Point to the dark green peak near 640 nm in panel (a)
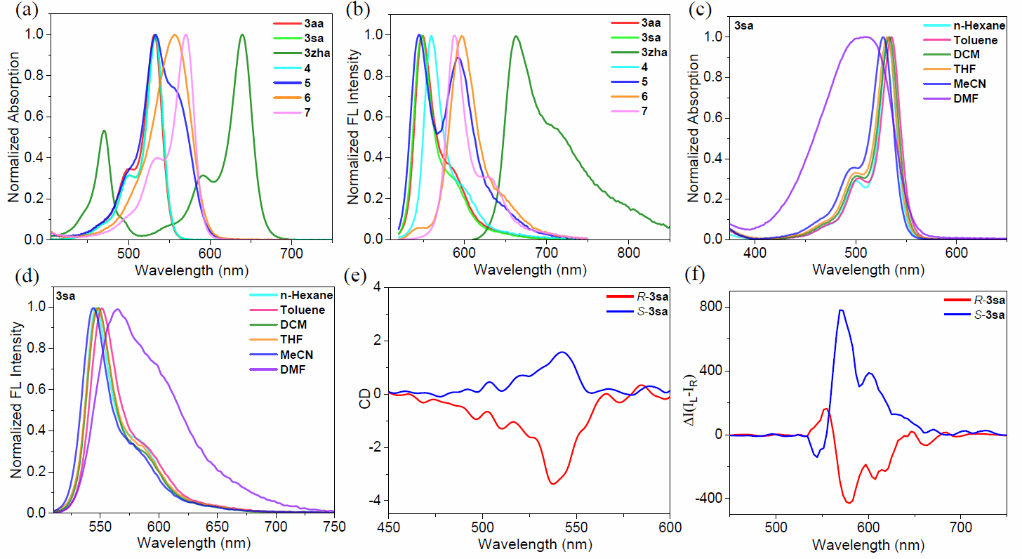click(242, 34)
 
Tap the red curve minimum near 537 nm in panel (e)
click(553, 484)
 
